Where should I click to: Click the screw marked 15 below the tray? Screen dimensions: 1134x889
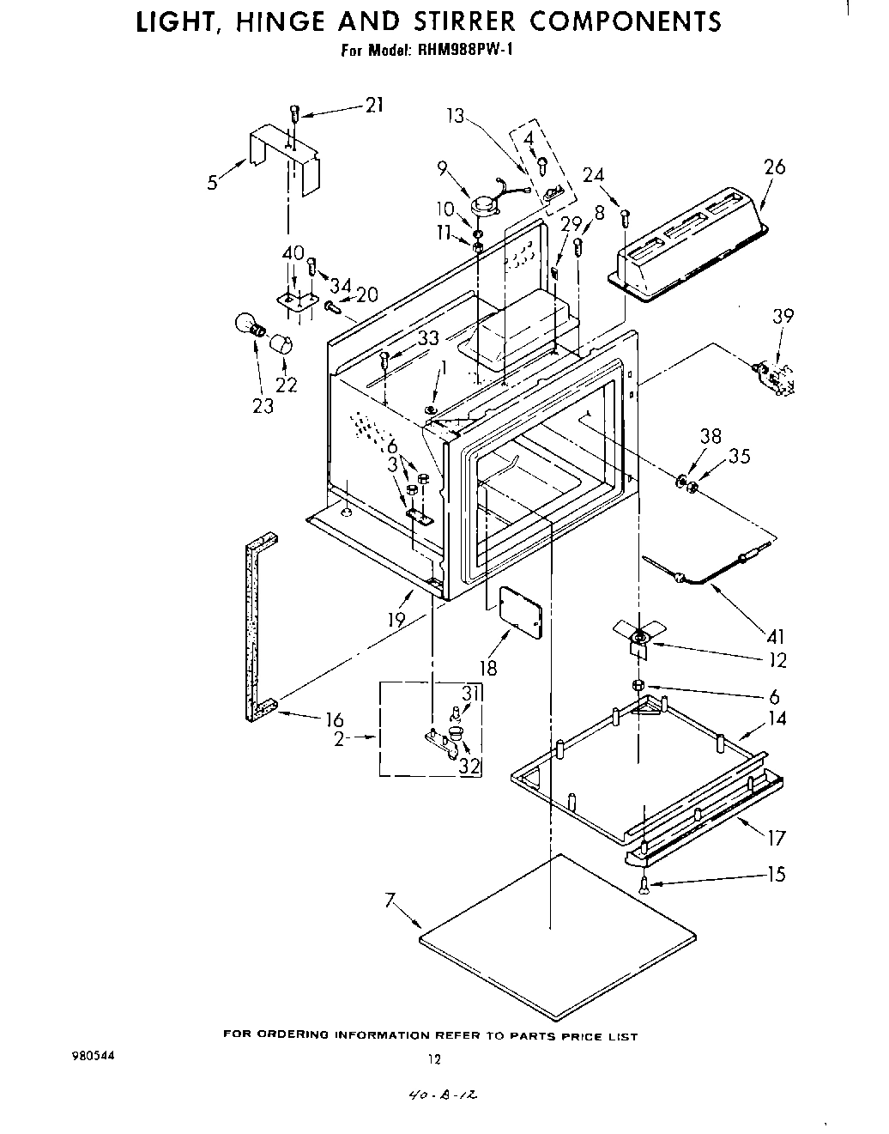click(644, 887)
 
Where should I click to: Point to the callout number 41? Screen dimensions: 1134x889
click(777, 637)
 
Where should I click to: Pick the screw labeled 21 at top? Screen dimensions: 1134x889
click(294, 112)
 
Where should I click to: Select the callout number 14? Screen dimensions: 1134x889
click(777, 719)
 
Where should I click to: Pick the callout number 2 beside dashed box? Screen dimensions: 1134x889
click(339, 739)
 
